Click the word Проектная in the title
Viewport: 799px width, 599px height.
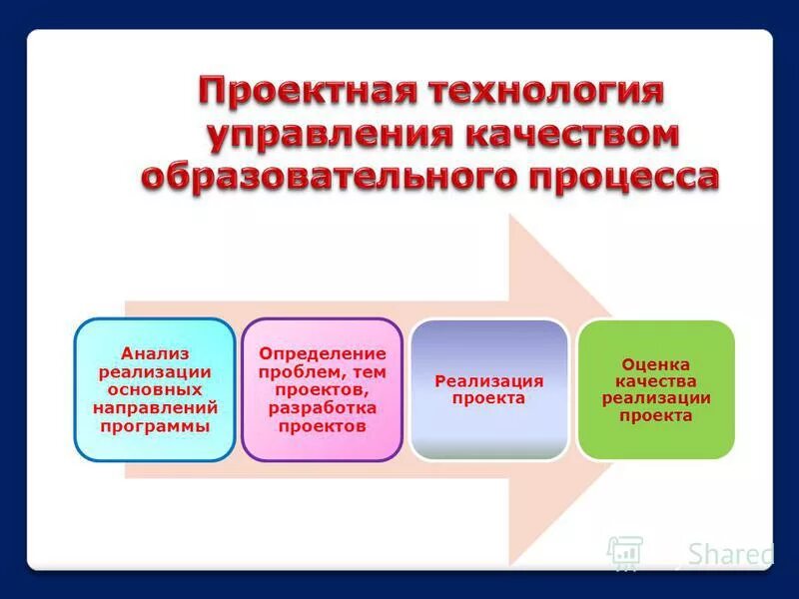pyautogui.click(x=306, y=92)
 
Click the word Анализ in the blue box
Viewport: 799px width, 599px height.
pyautogui.click(x=155, y=353)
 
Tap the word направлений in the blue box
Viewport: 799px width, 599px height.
pyautogui.click(x=155, y=407)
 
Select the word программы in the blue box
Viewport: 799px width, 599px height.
pyautogui.click(x=155, y=425)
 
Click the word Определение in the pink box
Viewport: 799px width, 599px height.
pyautogui.click(x=322, y=353)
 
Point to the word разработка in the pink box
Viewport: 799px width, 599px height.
pyautogui.click(x=322, y=407)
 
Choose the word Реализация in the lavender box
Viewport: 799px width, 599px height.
pyautogui.click(x=488, y=380)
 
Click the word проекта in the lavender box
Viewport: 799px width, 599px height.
pyautogui.click(x=488, y=398)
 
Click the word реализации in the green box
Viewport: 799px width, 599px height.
pyautogui.click(x=655, y=398)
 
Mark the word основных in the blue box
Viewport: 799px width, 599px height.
pyautogui.click(x=155, y=389)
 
